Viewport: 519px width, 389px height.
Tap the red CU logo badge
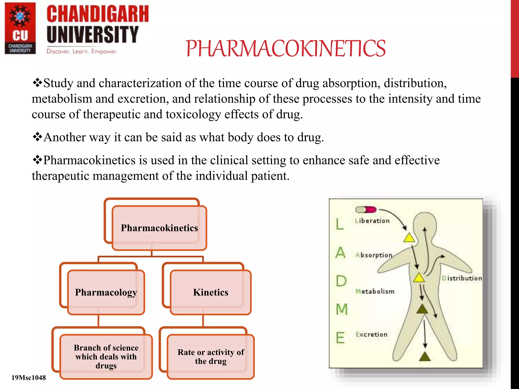(x=20, y=28)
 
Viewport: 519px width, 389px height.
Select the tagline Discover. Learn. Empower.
(x=82, y=51)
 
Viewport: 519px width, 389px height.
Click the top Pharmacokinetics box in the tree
(x=159, y=228)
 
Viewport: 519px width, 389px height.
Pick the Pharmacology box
(x=106, y=292)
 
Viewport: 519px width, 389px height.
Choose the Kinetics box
(x=211, y=292)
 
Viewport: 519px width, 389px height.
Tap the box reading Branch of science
(x=106, y=356)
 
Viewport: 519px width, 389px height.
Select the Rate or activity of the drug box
(x=211, y=356)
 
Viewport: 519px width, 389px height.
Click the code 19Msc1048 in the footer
(x=29, y=378)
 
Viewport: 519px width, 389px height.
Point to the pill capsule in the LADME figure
(x=366, y=210)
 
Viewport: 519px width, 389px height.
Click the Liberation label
(x=372, y=221)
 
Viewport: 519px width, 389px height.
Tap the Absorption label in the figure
(x=374, y=255)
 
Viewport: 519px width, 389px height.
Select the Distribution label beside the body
(x=461, y=278)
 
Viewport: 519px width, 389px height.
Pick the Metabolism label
(x=375, y=291)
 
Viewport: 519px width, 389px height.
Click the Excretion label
(x=371, y=335)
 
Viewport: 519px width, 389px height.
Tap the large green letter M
(x=342, y=309)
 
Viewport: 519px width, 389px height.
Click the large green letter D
(x=341, y=281)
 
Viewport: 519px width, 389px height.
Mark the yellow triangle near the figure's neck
(x=409, y=238)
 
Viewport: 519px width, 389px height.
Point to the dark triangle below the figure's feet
(x=425, y=357)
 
